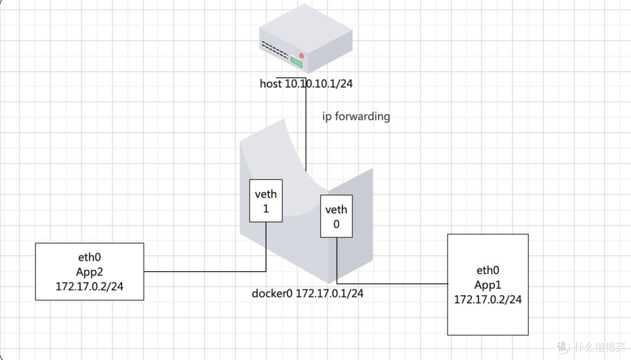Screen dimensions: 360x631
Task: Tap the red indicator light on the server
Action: (x=302, y=56)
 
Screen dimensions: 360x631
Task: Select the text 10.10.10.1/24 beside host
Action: (x=318, y=84)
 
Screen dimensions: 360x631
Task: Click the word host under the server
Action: (x=271, y=84)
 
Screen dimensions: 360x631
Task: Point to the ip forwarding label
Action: (x=356, y=116)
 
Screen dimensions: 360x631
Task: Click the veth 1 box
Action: (x=266, y=200)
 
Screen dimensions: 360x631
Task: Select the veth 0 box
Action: (x=336, y=216)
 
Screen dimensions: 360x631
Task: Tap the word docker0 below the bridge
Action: (x=272, y=293)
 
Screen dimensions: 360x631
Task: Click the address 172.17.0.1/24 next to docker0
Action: (x=330, y=293)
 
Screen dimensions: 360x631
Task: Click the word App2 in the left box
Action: (x=89, y=272)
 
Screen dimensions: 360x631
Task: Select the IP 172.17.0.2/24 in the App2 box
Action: (x=89, y=286)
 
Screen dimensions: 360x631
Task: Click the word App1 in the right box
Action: (x=488, y=285)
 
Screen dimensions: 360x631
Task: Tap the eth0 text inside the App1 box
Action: (x=488, y=271)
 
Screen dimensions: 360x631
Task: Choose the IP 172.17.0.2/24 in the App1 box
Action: (x=488, y=299)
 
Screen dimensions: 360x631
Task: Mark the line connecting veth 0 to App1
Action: (x=391, y=284)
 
